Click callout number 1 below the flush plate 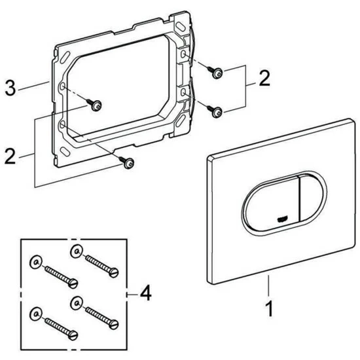point(269,309)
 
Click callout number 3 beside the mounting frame point(10,88)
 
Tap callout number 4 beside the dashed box point(145,293)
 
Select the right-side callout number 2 point(264,79)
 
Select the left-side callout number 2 point(10,156)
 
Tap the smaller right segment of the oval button point(311,198)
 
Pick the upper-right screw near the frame point(215,72)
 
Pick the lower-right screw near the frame point(215,111)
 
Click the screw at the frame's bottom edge point(126,162)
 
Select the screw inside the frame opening point(94,105)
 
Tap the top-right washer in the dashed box point(77,251)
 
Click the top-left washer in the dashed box point(36,262)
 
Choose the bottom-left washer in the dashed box point(36,314)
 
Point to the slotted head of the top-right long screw point(114,272)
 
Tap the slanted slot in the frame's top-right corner point(181,26)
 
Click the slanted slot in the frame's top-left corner point(65,57)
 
